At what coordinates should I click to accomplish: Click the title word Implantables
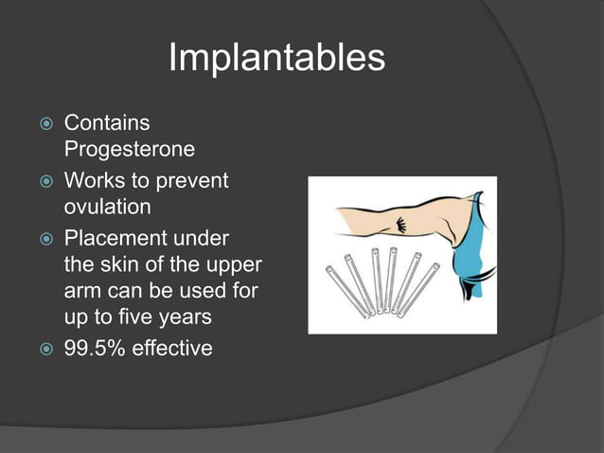(x=276, y=59)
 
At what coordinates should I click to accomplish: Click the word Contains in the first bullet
(x=106, y=123)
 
